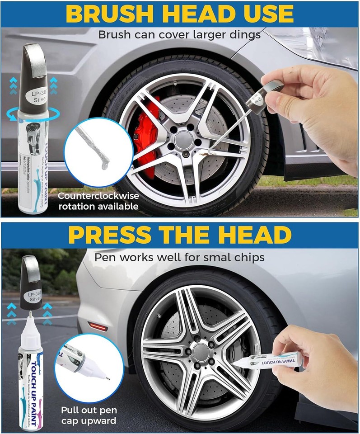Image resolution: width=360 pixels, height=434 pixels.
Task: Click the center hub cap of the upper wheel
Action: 184,137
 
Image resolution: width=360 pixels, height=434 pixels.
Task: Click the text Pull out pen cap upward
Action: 89,415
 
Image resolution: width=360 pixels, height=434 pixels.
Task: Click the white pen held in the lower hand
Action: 271,359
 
